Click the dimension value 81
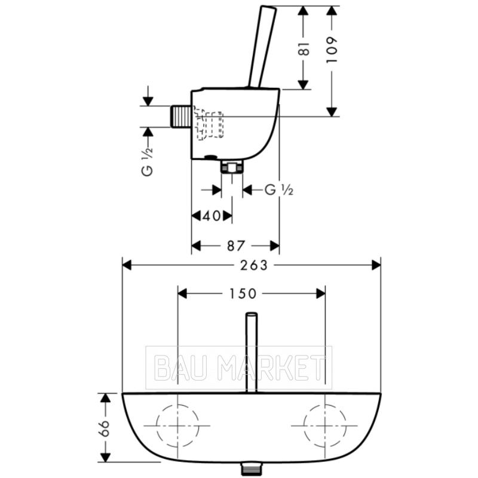[304, 48]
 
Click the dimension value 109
[332, 50]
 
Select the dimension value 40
[212, 216]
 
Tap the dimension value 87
[236, 246]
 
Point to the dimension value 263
[253, 265]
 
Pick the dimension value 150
[243, 294]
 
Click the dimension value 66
[105, 428]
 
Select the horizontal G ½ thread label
[279, 190]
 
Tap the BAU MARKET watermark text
[238, 368]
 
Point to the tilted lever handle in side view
[262, 47]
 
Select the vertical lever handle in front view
[252, 353]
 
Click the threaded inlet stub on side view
[180, 116]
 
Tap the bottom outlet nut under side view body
[232, 167]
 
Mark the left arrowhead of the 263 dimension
[127, 265]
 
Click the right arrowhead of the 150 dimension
[321, 294]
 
